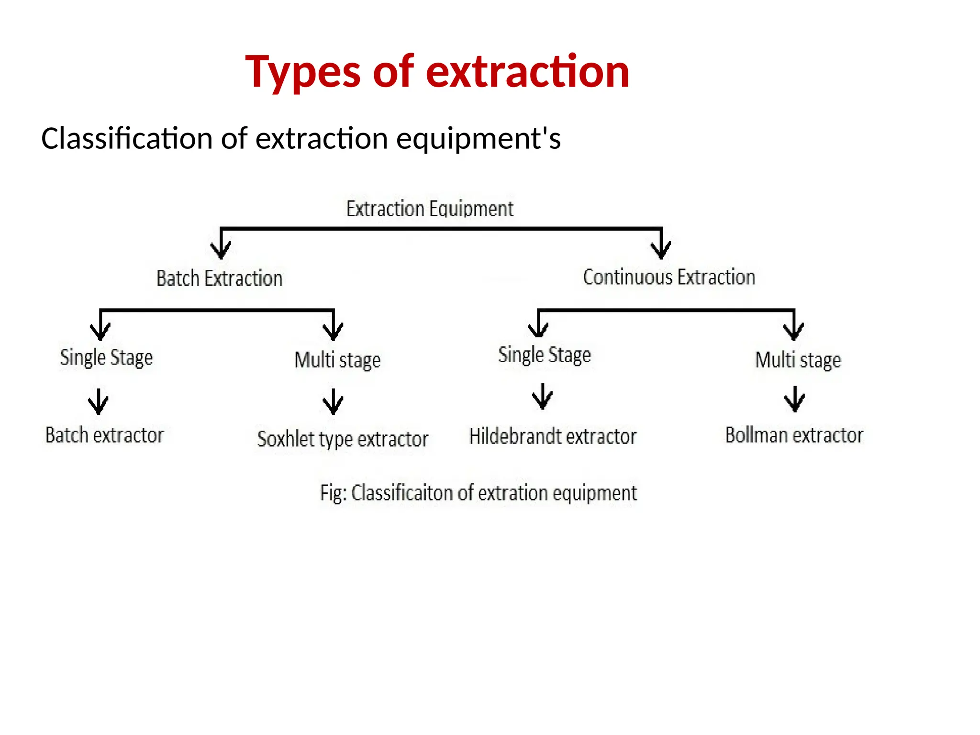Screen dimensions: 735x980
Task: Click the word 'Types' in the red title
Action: [302, 73]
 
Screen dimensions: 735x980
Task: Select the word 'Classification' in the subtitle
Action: [127, 139]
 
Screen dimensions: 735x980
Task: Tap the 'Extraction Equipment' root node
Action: [429, 209]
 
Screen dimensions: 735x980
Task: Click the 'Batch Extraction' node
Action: [219, 278]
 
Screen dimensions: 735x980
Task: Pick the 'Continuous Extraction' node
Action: [668, 278]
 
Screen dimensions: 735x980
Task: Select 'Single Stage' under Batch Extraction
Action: [106, 357]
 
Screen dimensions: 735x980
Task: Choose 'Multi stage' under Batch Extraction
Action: [337, 360]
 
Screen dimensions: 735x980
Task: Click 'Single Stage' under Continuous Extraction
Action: [544, 355]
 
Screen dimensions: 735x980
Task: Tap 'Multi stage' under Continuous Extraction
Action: [798, 360]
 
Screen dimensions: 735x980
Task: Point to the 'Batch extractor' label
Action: [104, 435]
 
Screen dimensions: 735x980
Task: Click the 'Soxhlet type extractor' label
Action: [343, 439]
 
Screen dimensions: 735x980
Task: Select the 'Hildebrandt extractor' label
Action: [553, 436]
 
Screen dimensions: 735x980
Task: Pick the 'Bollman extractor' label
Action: [794, 435]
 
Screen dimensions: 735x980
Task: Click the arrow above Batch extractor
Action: [99, 401]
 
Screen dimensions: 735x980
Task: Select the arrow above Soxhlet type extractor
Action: [333, 401]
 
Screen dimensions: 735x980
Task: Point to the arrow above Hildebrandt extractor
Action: [543, 397]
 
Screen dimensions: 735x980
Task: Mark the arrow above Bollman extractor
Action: [794, 400]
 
